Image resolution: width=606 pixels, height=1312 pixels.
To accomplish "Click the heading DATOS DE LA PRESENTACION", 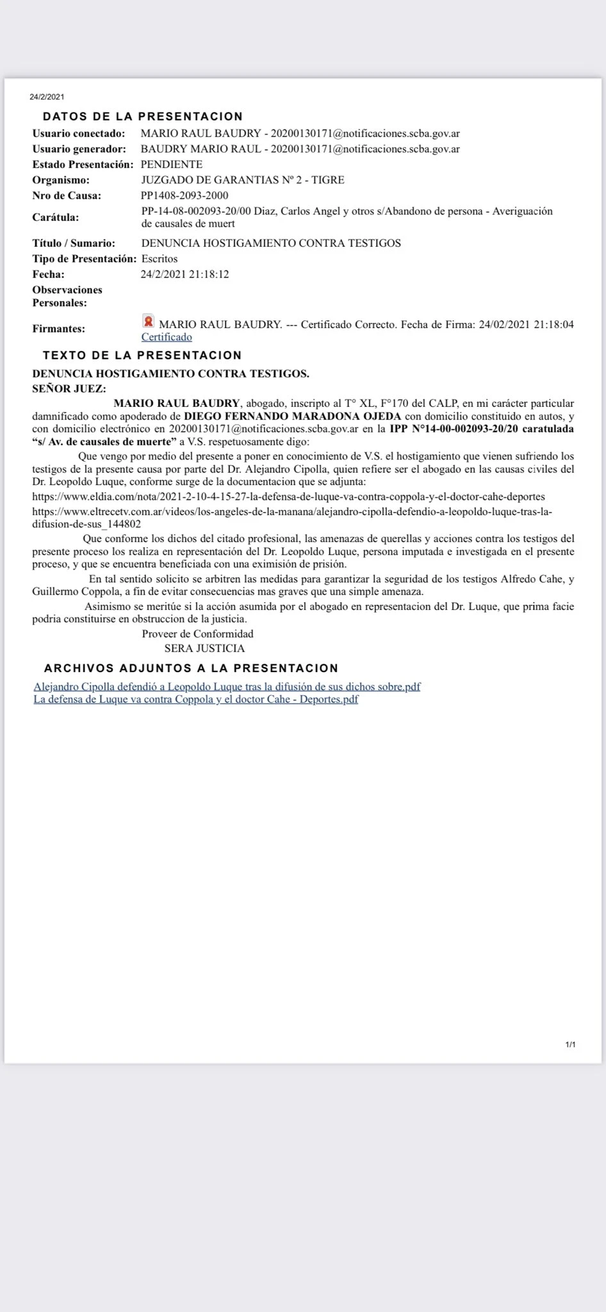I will click(x=142, y=117).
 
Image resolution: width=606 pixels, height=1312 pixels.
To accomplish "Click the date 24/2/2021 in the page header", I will click(x=47, y=97).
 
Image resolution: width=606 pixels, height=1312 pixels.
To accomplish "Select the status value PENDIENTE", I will click(x=171, y=165).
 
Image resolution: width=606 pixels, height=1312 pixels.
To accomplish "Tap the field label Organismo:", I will click(x=61, y=180).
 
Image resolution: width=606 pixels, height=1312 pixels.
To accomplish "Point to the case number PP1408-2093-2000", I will click(x=184, y=195).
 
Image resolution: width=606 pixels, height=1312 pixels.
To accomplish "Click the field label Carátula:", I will click(x=56, y=217).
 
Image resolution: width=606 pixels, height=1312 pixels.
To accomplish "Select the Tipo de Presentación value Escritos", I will click(x=160, y=259).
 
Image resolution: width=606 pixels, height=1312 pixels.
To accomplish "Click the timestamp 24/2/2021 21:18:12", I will click(x=184, y=274).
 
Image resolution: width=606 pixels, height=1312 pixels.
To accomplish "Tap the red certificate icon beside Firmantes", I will click(x=148, y=321).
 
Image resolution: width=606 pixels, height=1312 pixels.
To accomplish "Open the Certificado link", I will click(x=167, y=337).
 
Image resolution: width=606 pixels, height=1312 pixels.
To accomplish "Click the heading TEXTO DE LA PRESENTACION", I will click(x=142, y=356).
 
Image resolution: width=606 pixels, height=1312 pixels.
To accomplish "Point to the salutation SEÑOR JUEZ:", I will click(x=69, y=388).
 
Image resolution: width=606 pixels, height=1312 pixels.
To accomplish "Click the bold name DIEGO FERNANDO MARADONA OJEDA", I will click(x=292, y=416).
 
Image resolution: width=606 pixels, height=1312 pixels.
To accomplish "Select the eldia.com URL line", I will click(x=288, y=496).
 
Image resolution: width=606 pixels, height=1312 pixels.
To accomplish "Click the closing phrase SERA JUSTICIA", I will click(x=204, y=648).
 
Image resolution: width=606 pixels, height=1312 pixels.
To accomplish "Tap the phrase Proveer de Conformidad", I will click(x=197, y=634).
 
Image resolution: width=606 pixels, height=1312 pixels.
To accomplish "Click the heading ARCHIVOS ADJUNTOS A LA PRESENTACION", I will click(x=191, y=668).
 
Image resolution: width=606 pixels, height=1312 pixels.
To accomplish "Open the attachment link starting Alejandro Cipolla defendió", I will click(x=227, y=687).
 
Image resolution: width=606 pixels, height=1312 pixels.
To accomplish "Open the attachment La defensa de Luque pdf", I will click(x=195, y=700).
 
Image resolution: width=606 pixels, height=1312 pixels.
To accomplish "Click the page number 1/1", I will click(x=570, y=1045).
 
